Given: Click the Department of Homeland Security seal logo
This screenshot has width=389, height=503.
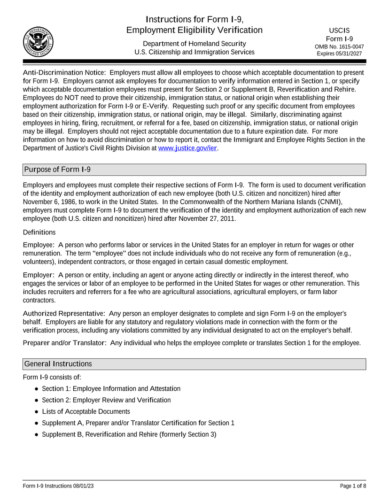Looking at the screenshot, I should (38, 42).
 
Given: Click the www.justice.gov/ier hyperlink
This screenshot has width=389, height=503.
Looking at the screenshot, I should (187, 148).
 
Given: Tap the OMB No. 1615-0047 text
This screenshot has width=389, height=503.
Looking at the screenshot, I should (339, 47).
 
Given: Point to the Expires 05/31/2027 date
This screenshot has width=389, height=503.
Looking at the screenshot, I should (339, 54).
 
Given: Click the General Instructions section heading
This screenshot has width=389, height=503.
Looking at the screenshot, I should (58, 364).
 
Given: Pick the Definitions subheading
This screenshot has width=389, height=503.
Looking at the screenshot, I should (39, 232).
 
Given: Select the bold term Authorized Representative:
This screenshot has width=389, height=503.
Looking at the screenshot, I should (64, 313).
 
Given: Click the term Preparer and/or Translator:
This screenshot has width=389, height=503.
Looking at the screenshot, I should (65, 343).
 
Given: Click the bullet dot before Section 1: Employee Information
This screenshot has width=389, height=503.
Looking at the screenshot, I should (36, 389).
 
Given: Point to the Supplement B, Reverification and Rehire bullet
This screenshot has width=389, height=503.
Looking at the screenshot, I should (129, 434).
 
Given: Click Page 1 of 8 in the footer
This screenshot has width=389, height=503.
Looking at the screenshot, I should (352, 486).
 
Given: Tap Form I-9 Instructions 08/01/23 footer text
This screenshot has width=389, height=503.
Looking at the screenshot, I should (58, 486).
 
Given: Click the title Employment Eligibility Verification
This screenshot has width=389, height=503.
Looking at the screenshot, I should (194, 31).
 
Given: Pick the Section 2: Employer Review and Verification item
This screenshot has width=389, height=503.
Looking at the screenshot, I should (106, 400).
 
